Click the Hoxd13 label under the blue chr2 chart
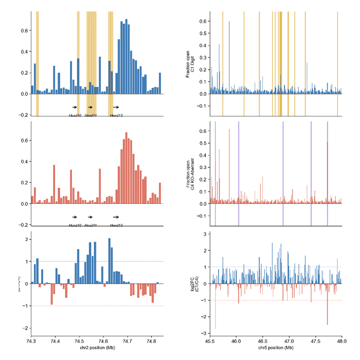[x=117, y=116]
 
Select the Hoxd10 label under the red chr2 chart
[x=75, y=225]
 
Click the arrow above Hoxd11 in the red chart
[x=90, y=217]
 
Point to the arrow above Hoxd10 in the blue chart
[x=75, y=107]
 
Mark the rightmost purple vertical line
[x=328, y=171]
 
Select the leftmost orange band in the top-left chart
[x=37, y=63]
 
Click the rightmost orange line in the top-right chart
[x=337, y=63]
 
